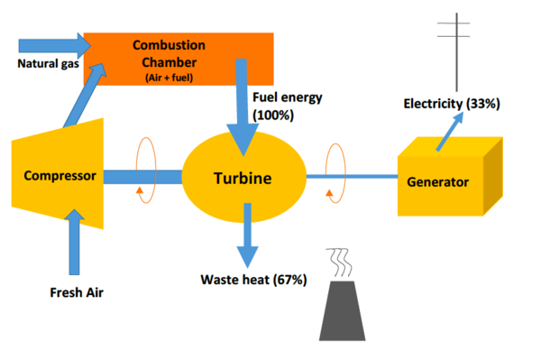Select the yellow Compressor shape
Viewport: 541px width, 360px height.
(x=59, y=176)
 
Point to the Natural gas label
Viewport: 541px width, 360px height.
(x=44, y=64)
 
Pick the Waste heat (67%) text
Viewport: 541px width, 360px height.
(x=253, y=280)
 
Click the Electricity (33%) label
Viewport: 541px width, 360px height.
(x=451, y=104)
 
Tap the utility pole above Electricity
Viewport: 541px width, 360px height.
(x=461, y=50)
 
